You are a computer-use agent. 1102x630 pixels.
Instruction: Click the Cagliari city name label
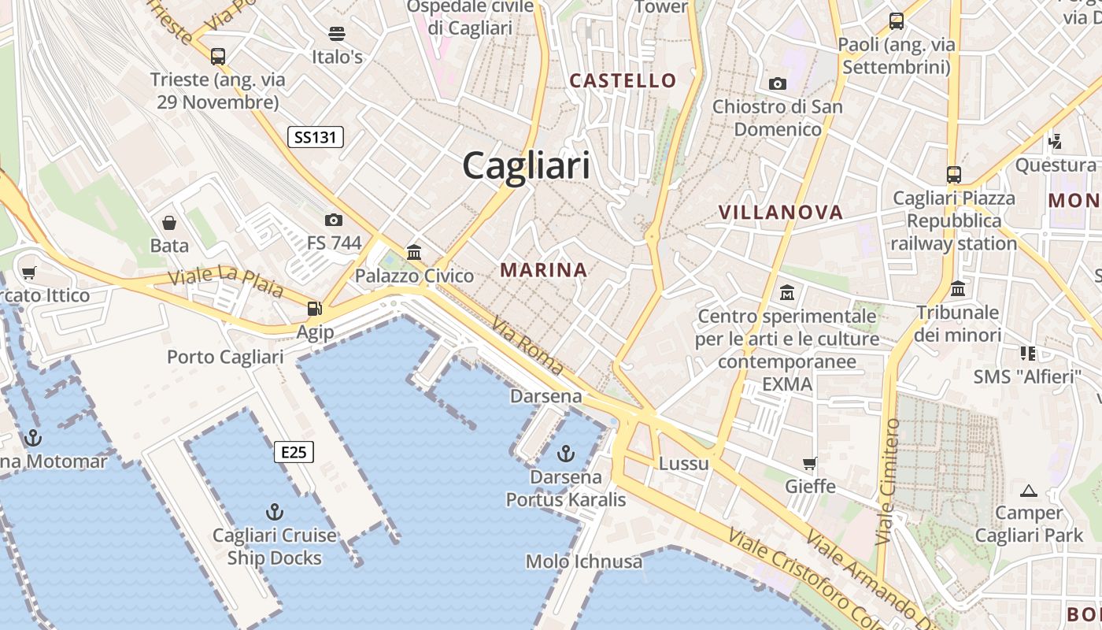(x=526, y=166)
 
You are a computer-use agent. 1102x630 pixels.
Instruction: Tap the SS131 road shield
(x=315, y=137)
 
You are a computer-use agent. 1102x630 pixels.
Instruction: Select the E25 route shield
(x=294, y=452)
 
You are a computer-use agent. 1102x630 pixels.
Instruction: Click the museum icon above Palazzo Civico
(x=414, y=252)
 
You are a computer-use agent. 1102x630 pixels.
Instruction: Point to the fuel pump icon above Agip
(x=315, y=309)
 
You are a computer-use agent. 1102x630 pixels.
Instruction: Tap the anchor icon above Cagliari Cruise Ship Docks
(x=274, y=512)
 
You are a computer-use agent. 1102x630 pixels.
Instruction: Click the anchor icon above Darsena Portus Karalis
(x=565, y=453)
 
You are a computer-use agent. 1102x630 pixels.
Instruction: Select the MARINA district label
(x=544, y=270)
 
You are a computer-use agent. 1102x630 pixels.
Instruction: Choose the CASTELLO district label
(x=623, y=80)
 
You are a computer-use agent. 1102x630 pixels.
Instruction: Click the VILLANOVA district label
(x=781, y=212)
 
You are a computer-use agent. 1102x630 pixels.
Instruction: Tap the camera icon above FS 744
(x=334, y=220)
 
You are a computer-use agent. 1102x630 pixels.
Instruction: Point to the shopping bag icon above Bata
(x=169, y=223)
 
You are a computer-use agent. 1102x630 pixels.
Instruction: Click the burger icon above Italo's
(x=337, y=33)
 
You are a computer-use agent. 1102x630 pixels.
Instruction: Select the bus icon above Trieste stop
(x=218, y=57)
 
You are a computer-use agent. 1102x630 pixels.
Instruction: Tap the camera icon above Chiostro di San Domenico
(x=778, y=83)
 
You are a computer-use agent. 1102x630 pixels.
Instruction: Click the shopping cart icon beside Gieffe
(x=810, y=463)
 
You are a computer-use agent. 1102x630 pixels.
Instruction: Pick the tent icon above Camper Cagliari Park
(x=1028, y=491)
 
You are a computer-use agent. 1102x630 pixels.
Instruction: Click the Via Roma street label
(x=527, y=345)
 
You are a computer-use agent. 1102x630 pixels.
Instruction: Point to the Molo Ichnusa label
(x=583, y=561)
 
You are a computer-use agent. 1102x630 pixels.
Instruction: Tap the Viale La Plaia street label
(x=226, y=281)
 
